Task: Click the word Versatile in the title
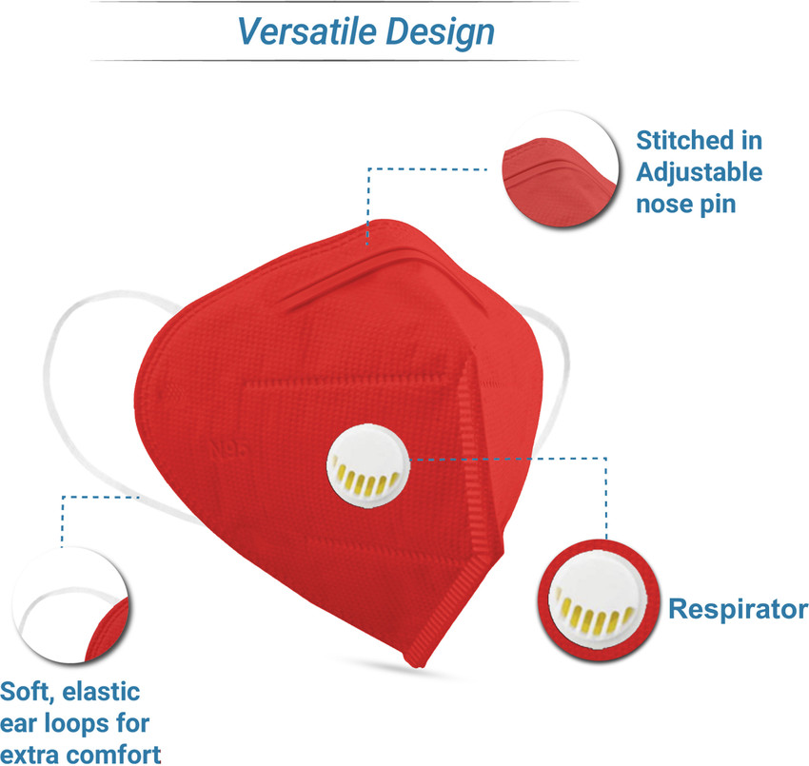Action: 307,31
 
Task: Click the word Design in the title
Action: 440,33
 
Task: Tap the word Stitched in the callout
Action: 684,140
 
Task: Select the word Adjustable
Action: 700,173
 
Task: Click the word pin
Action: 718,206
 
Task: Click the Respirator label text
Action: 738,609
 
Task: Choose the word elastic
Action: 101,692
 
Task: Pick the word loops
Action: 77,724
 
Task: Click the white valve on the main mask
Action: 368,466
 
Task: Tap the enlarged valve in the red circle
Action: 598,600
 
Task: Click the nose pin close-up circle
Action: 561,168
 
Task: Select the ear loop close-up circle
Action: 70,605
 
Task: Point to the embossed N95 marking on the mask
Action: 228,450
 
